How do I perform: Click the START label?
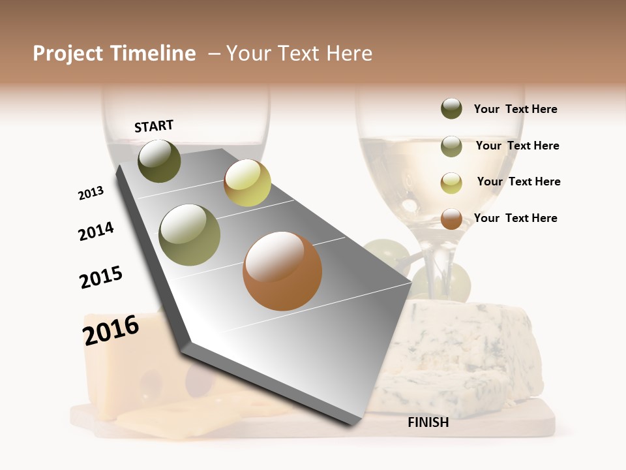(154, 126)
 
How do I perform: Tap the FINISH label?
(428, 422)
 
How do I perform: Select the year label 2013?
(91, 193)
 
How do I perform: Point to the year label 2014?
(96, 231)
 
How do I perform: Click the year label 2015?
(101, 277)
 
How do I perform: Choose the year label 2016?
(111, 330)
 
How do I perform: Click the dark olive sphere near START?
(159, 161)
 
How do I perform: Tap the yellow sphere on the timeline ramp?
(247, 183)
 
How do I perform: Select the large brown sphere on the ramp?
(282, 271)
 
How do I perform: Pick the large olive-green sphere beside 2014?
(190, 234)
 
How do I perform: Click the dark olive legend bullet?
(451, 109)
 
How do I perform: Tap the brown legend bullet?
(451, 219)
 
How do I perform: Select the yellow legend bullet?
(451, 183)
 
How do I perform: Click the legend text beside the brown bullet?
(515, 218)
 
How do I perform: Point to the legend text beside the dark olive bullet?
(515, 109)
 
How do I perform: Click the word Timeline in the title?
(153, 54)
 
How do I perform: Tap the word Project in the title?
(68, 54)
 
